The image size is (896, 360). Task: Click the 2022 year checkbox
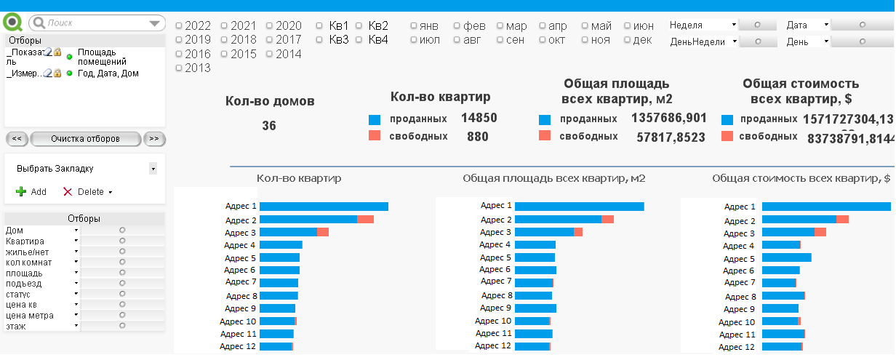click(179, 26)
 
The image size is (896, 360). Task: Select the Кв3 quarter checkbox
click(319, 40)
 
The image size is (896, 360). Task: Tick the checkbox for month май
click(585, 26)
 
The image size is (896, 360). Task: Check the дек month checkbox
click(627, 40)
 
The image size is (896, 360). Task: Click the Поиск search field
click(95, 23)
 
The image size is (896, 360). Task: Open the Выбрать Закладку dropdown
click(153, 169)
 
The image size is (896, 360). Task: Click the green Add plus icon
click(21, 192)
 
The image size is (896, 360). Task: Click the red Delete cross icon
click(68, 192)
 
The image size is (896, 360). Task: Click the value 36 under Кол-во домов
click(269, 126)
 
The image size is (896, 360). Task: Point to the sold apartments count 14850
click(479, 119)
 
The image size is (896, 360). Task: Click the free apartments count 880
click(478, 136)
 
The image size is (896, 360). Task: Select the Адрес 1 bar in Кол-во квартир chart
click(324, 207)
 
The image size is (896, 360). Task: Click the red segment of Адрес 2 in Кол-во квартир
click(365, 220)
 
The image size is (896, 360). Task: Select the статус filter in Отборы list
click(18, 295)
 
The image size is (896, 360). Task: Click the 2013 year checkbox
click(179, 68)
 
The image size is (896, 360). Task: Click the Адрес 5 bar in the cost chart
click(786, 258)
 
